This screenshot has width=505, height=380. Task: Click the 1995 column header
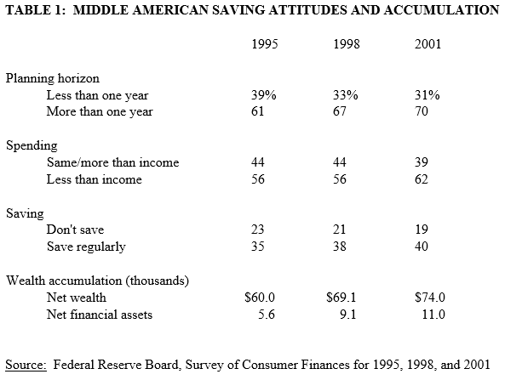tap(264, 43)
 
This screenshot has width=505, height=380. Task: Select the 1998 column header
tap(347, 43)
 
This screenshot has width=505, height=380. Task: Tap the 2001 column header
tap(428, 43)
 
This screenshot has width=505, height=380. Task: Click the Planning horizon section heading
tap(53, 79)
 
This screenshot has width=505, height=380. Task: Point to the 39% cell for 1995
tap(264, 95)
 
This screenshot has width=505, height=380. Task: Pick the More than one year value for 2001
tap(422, 111)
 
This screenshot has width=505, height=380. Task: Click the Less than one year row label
tap(97, 95)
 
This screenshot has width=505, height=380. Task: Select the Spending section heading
tap(32, 146)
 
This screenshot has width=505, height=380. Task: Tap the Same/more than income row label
tap(112, 162)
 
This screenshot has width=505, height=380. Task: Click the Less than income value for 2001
tap(422, 179)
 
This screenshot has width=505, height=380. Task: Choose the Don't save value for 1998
tap(340, 230)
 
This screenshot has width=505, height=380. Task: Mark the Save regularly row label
tap(86, 247)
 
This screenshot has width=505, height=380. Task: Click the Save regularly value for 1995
tap(258, 247)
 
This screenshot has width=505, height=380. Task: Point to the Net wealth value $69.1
tap(341, 297)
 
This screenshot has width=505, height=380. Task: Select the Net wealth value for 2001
tap(430, 297)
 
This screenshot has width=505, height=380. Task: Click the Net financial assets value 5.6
tap(267, 314)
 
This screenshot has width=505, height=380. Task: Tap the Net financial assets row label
tap(99, 315)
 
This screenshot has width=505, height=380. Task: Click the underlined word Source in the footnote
tap(26, 365)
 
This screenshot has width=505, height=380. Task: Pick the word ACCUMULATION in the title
tap(441, 10)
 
